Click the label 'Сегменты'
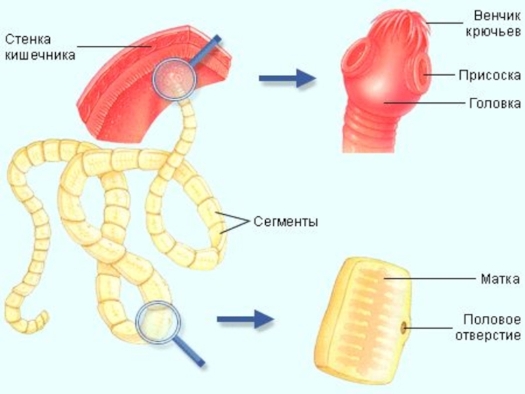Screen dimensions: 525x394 [x=286, y=222]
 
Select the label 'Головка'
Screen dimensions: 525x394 [x=496, y=103]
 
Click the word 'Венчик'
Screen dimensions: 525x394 [x=496, y=14]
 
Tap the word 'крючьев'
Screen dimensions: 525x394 [x=496, y=30]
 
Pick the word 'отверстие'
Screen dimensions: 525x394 [x=492, y=335]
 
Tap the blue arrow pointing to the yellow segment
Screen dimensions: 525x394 [x=244, y=320]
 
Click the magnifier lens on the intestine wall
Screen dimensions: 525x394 [x=175, y=79]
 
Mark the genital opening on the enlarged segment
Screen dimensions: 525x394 [x=403, y=326]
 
